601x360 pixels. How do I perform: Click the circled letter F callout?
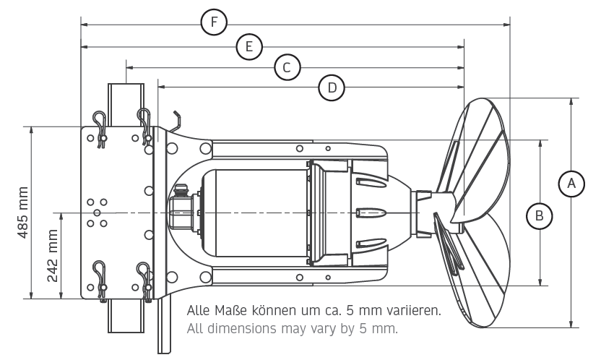pyautogui.click(x=215, y=22)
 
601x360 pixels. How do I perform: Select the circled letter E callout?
pyautogui.click(x=249, y=47)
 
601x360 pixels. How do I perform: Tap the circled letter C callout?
pyautogui.click(x=287, y=67)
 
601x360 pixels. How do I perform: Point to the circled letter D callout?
pyautogui.click(x=332, y=87)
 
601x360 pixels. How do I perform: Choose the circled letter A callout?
pyautogui.click(x=571, y=184)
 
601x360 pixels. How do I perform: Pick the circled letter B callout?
pyautogui.click(x=540, y=216)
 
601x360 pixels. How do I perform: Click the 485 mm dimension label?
pyautogui.click(x=22, y=213)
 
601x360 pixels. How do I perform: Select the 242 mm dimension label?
pyautogui.click(x=53, y=255)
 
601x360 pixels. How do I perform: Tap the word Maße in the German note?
pyautogui.click(x=230, y=310)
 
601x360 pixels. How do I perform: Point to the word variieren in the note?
pyautogui.click(x=415, y=310)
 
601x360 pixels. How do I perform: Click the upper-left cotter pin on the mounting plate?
pyautogui.click(x=101, y=129)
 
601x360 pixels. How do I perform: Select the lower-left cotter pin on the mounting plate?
pyautogui.click(x=101, y=280)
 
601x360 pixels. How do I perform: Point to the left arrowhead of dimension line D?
pyautogui.click(x=162, y=87)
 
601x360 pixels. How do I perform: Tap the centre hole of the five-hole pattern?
pyautogui.click(x=97, y=213)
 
